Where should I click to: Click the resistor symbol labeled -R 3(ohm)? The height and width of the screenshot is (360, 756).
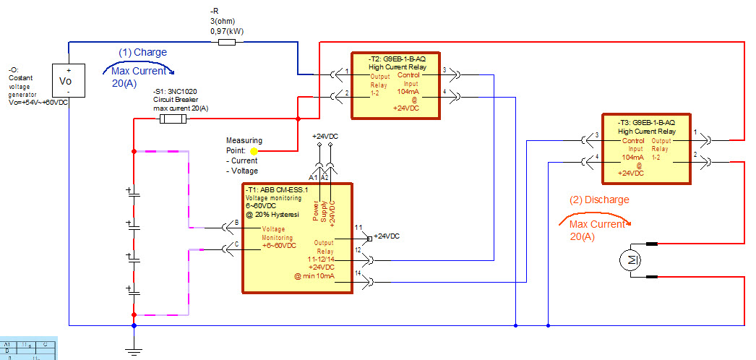click(226, 43)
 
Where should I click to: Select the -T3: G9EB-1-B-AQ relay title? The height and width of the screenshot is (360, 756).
click(646, 123)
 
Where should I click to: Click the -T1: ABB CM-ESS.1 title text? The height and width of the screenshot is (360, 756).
click(277, 190)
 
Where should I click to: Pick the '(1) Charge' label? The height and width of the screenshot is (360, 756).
click(143, 52)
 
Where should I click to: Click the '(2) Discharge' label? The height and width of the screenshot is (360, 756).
click(599, 200)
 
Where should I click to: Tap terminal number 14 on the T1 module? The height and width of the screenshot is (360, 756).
click(358, 273)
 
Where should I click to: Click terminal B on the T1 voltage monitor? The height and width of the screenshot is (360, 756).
click(237, 223)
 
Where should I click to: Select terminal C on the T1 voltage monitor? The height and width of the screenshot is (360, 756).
click(237, 244)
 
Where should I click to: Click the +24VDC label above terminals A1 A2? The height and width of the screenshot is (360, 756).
click(324, 136)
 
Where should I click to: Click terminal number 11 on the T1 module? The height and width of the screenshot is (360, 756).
click(358, 228)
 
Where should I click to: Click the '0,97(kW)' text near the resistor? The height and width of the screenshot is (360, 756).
click(226, 32)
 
